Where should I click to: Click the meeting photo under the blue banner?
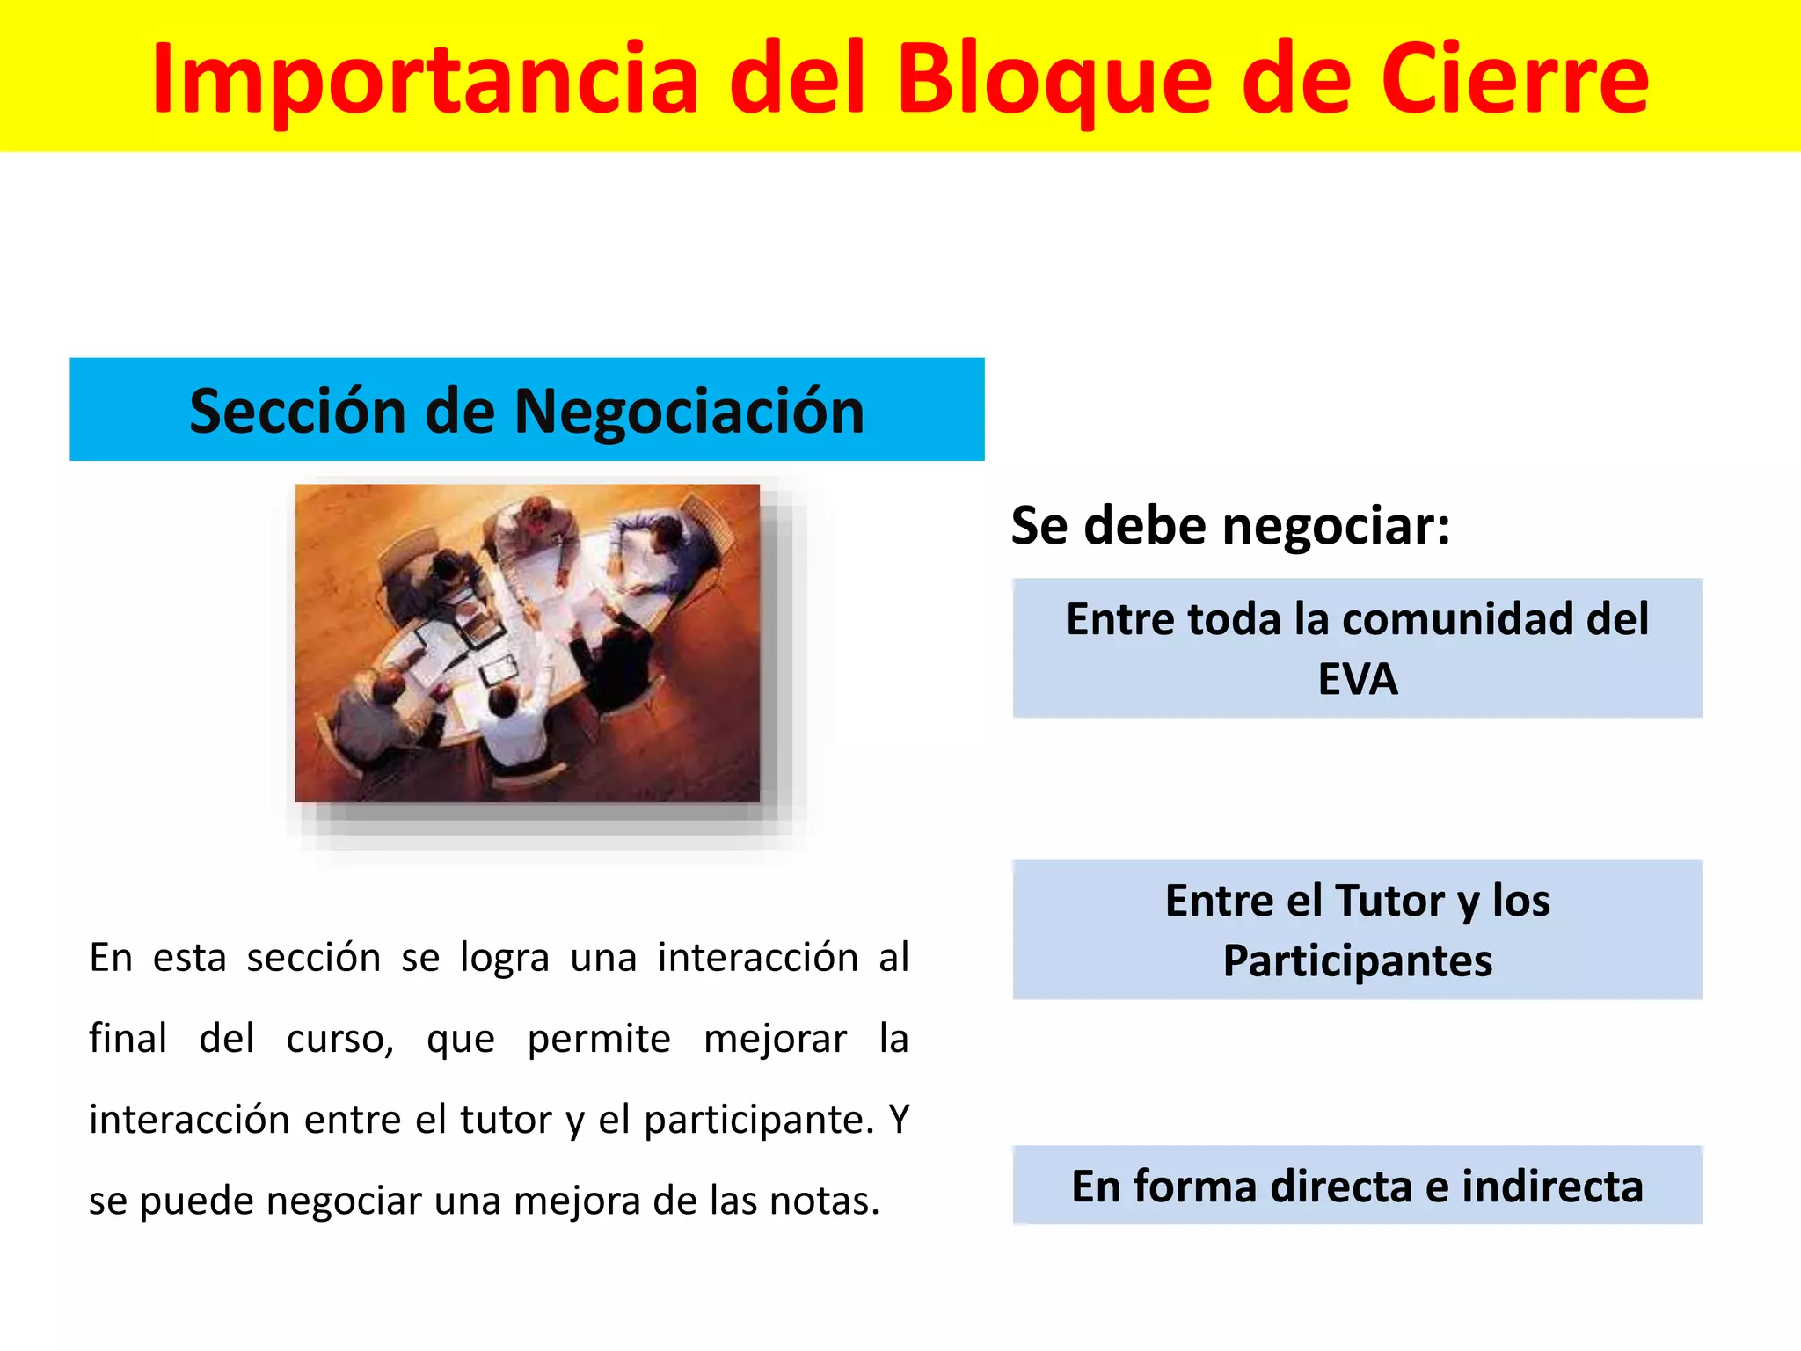[x=527, y=643]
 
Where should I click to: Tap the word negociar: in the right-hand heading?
[x=1336, y=526]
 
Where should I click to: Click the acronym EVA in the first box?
[x=1357, y=680]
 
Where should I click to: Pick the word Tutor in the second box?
[x=1389, y=902]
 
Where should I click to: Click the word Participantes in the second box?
[x=1357, y=961]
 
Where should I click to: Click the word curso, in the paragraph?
[x=340, y=1040]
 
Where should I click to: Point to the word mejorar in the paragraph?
[x=776, y=1040]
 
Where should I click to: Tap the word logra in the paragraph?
[x=505, y=959]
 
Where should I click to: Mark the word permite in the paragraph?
[x=599, y=1040]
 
